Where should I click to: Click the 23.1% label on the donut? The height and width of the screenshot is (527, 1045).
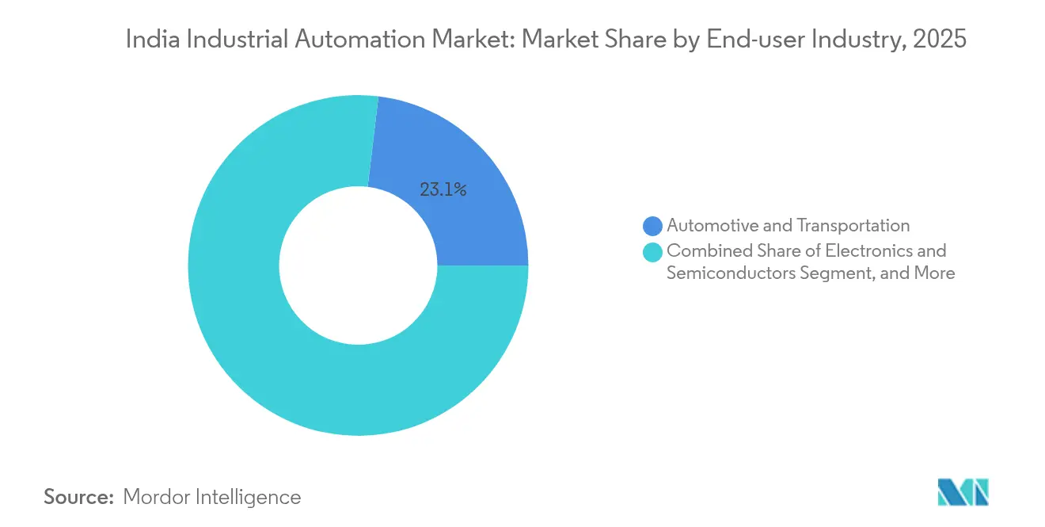[443, 189]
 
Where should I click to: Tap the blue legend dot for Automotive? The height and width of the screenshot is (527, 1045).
[652, 227]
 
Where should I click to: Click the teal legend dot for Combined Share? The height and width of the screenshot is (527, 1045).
[652, 252]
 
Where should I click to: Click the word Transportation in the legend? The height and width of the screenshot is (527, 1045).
[853, 226]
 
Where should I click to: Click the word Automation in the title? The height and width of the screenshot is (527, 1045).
[349, 40]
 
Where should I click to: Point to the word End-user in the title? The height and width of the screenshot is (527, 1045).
[743, 40]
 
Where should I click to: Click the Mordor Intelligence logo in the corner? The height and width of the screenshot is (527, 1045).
[963, 491]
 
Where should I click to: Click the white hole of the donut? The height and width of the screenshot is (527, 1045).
[358, 265]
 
